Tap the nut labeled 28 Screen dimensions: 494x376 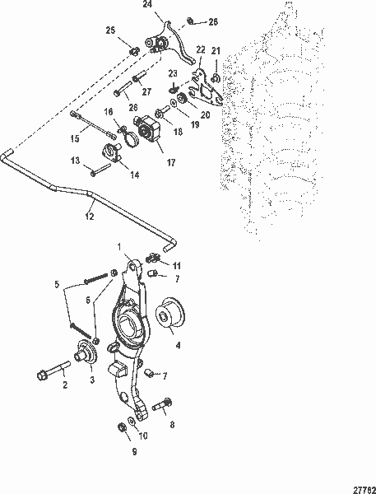[x=189, y=21]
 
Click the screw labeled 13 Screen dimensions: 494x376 [x=102, y=171]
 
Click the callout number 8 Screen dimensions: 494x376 [x=172, y=426]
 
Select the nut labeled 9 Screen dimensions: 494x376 [x=122, y=428]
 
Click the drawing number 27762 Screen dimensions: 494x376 [x=360, y=486]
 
